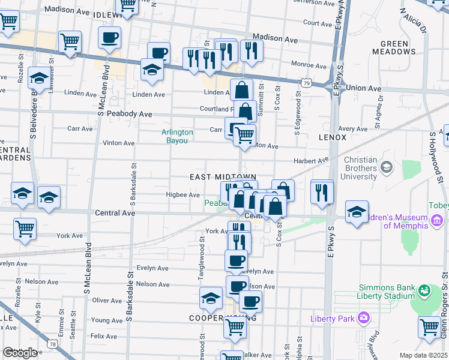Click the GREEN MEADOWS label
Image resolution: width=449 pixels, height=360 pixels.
tap(398, 47)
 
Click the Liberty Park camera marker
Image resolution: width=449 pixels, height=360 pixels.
tap(363, 317)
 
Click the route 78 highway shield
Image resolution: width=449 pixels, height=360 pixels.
tap(54, 344)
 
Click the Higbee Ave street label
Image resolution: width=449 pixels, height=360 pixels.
tap(182, 195)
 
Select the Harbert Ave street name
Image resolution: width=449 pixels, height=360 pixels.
tap(311, 160)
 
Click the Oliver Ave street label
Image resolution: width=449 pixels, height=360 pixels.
tap(107, 300)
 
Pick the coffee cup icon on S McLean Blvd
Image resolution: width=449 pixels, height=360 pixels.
tap(109, 38)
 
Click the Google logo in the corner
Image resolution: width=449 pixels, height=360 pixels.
tap(20, 353)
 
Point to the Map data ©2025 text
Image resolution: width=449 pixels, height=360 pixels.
tap(424, 355)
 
